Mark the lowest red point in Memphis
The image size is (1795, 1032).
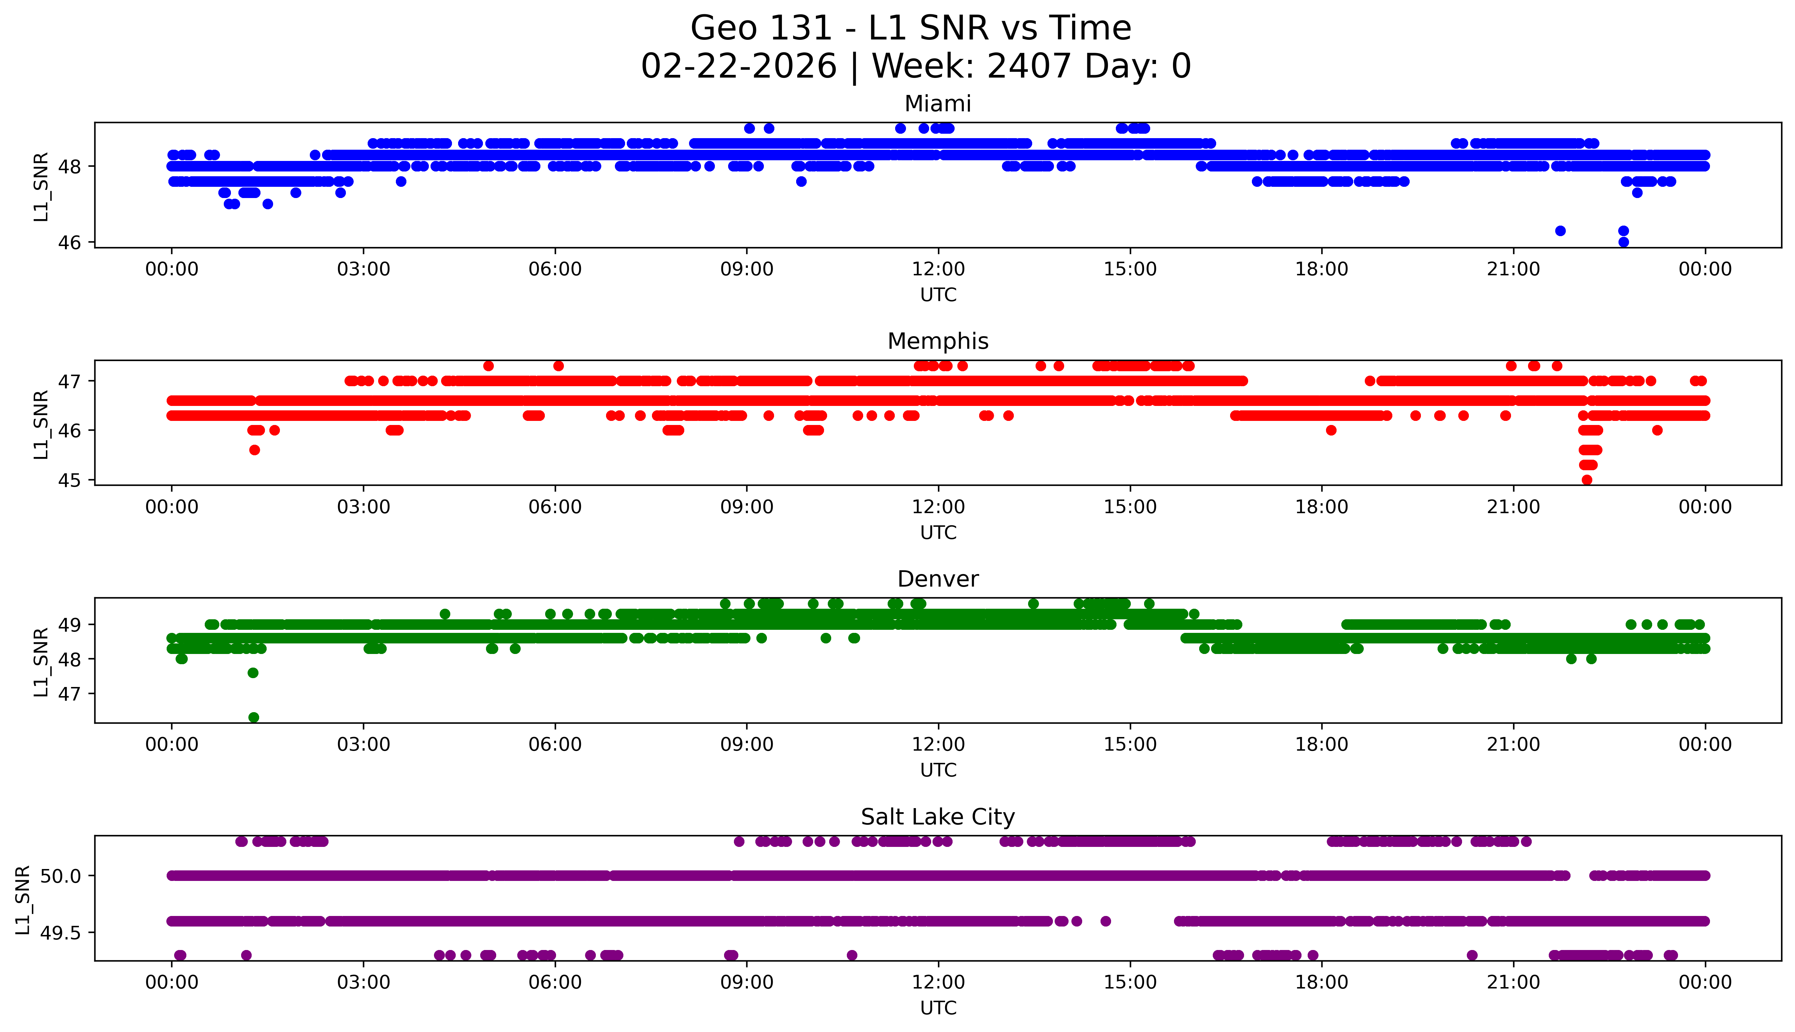1587,480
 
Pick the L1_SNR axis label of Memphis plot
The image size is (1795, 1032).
41,424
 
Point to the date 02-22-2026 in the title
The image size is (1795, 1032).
739,67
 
